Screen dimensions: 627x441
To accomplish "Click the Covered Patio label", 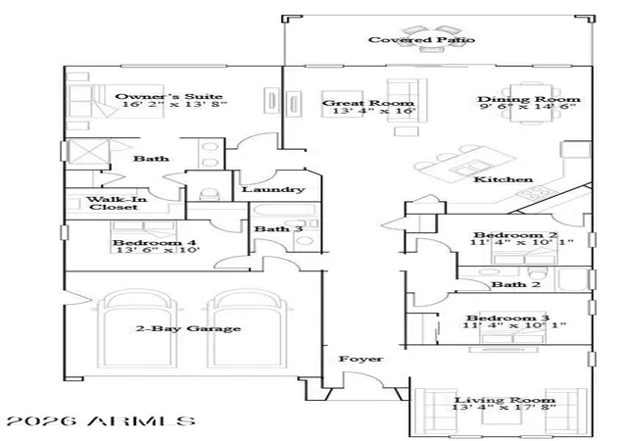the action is (421, 39).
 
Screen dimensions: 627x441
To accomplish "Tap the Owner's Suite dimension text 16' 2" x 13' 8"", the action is (174, 105).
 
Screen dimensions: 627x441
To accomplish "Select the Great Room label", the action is (368, 103).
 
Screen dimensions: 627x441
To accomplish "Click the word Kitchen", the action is (503, 179).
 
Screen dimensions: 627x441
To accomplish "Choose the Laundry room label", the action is (273, 189).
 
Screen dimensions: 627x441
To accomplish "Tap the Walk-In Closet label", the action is (117, 203).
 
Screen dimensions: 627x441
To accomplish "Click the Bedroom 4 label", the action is (155, 242).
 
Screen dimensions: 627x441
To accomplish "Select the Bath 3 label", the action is (278, 229).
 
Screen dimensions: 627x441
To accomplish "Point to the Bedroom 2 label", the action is (516, 235).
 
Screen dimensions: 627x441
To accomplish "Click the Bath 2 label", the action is (515, 284).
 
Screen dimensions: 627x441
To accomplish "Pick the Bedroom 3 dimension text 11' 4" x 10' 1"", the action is (514, 325).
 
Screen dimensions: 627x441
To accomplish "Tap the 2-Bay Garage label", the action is (188, 328).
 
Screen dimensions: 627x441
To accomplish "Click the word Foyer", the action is (361, 359).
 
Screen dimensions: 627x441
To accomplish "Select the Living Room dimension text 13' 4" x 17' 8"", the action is (504, 408).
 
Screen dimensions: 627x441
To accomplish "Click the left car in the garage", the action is (140, 329).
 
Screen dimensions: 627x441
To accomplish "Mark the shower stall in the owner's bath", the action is (89, 152).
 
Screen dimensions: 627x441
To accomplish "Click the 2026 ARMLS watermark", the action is (102, 421).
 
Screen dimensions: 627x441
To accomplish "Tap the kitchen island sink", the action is (468, 169).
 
